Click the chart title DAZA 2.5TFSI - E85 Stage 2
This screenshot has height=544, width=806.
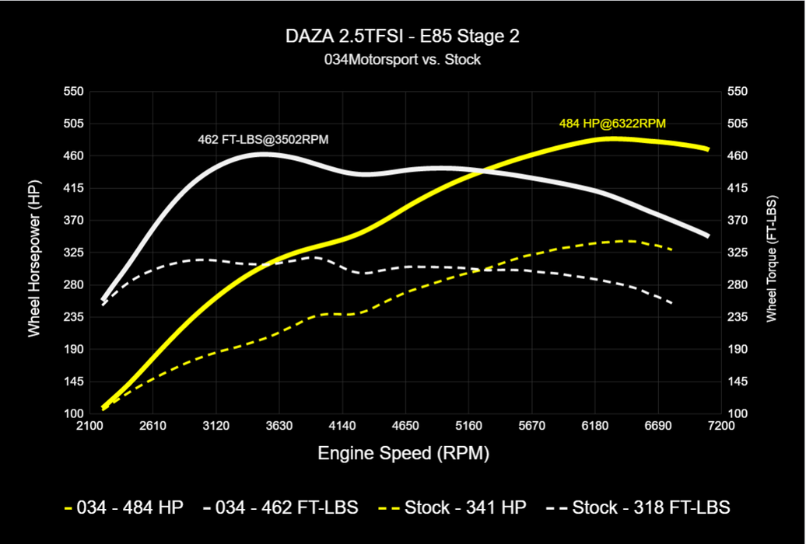click(402, 37)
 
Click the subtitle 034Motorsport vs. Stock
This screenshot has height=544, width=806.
click(402, 59)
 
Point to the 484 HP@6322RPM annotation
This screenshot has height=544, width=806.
click(612, 123)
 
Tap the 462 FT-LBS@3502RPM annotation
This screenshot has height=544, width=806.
click(264, 141)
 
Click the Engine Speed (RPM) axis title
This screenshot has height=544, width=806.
click(403, 453)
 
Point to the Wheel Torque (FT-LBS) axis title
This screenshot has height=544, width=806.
click(772, 253)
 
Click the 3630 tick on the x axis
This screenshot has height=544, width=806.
click(279, 426)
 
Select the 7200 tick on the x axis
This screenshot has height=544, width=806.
click(721, 426)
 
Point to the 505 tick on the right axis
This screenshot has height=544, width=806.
click(736, 124)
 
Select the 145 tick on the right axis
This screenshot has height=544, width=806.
click(736, 382)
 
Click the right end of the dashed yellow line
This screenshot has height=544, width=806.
click(671, 249)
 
